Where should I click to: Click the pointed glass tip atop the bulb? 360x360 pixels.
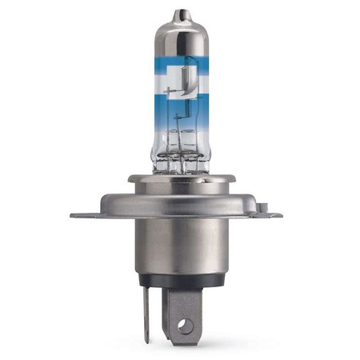click(182, 14)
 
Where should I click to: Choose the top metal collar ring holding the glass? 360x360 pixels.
click(182, 179)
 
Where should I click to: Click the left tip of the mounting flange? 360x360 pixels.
click(74, 215)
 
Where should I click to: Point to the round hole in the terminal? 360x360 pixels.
click(185, 326)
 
